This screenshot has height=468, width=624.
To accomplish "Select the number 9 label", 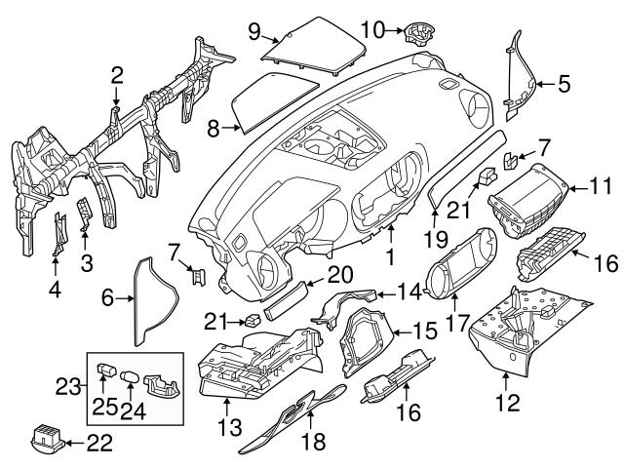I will tap(254, 31).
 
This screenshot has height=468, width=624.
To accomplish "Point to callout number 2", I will tap(117, 74).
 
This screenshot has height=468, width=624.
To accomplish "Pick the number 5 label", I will tap(564, 84).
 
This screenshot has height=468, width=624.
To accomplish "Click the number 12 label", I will tap(507, 399).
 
